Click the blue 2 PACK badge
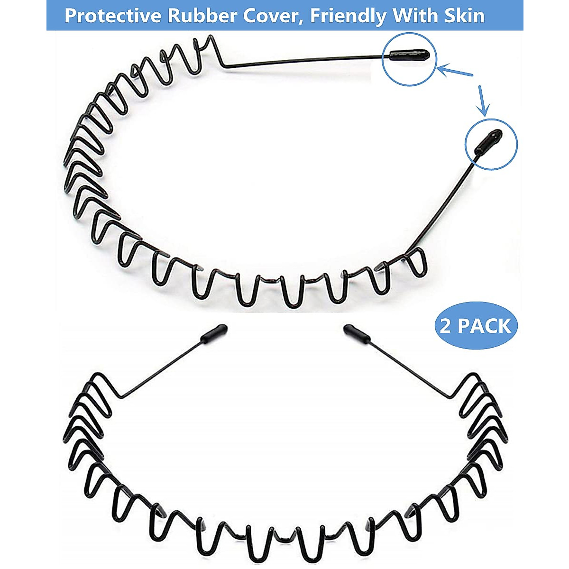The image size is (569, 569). point(476,326)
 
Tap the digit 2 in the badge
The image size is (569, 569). point(446,326)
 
